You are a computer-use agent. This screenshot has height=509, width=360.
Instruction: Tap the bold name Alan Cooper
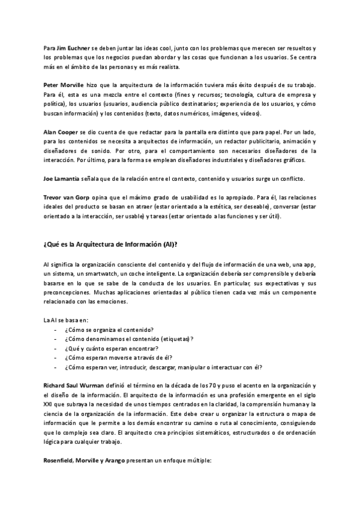(62, 131)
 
